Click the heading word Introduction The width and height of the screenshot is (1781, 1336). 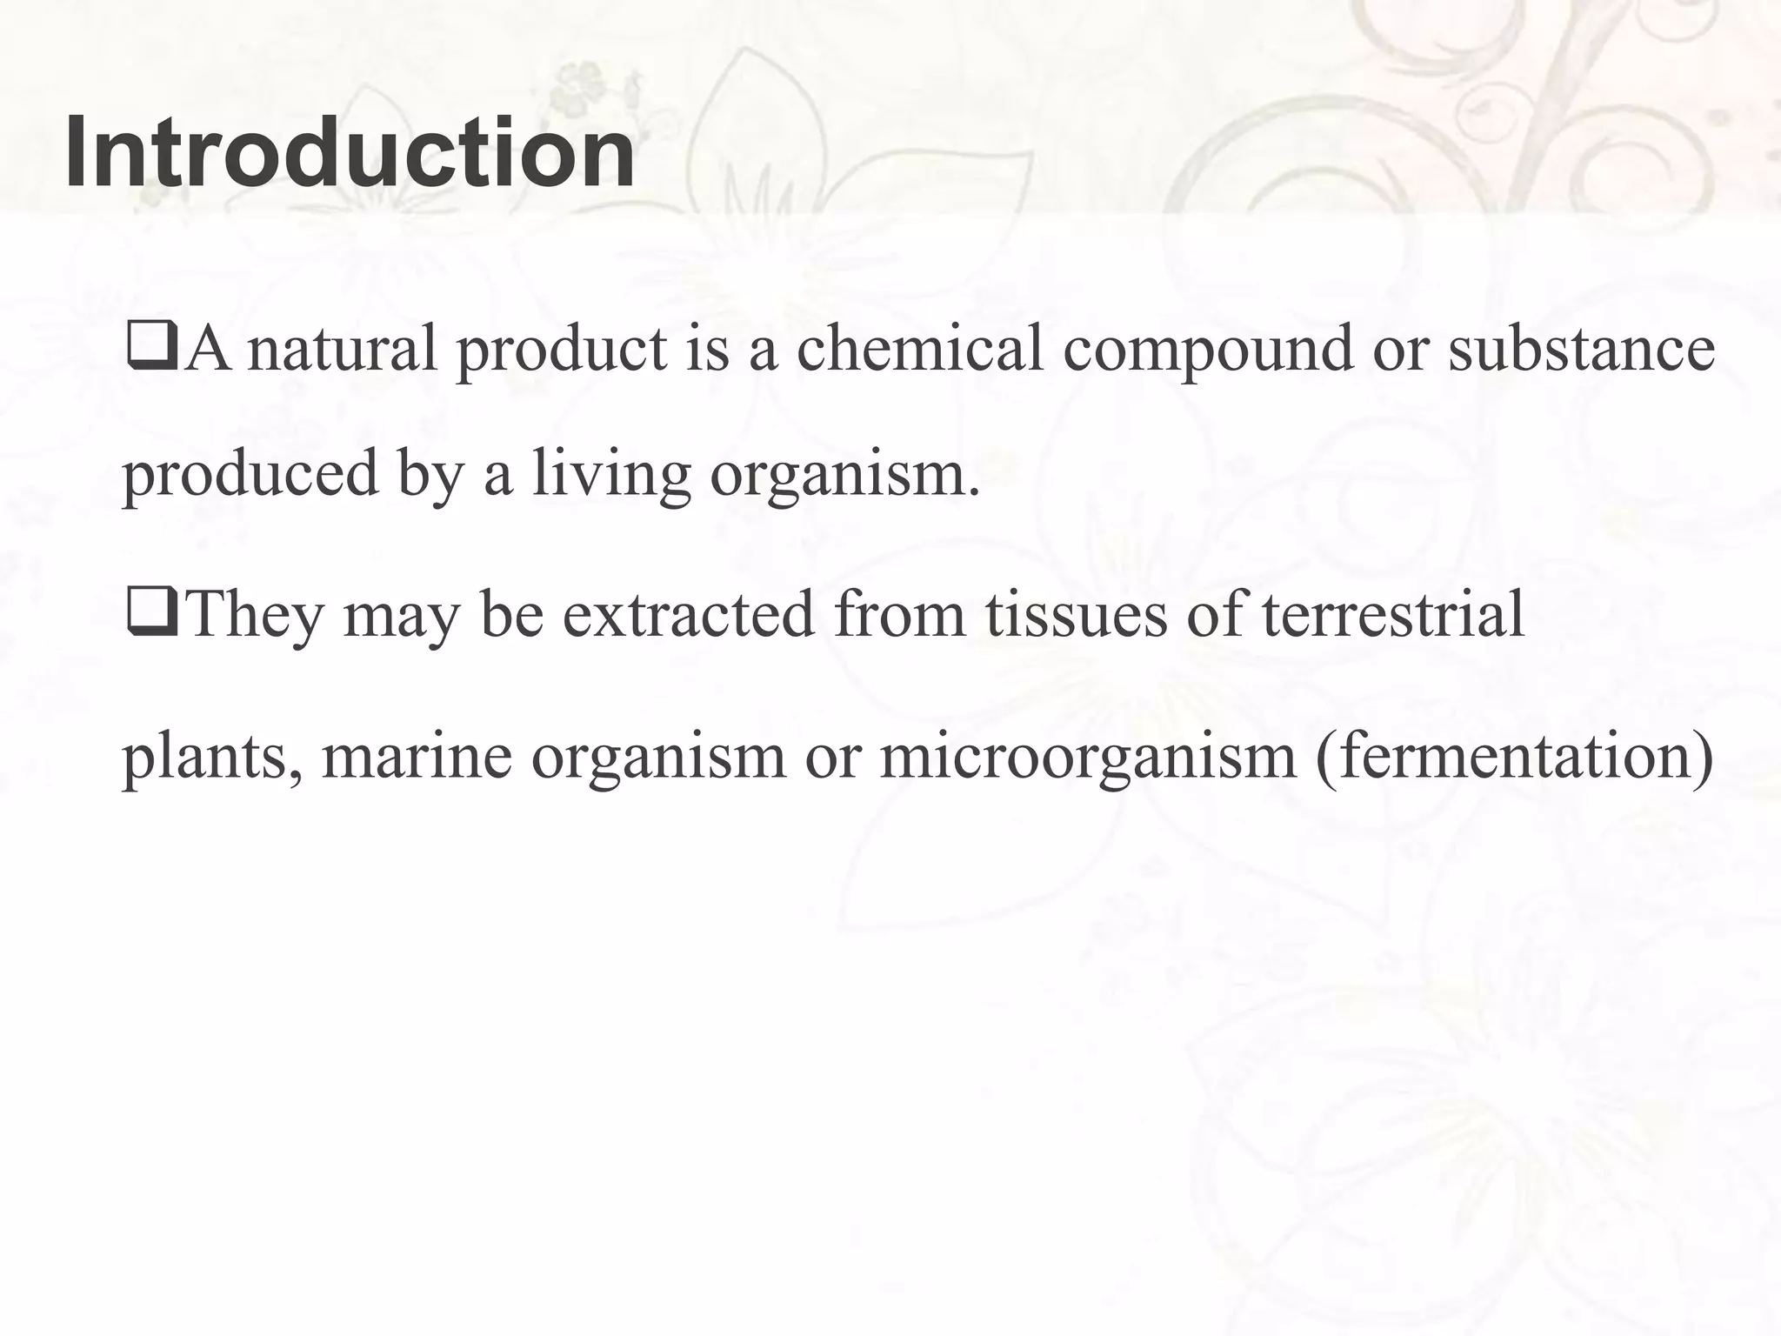pos(350,153)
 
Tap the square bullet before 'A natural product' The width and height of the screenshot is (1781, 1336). pos(152,346)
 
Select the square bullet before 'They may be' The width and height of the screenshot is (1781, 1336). pos(152,612)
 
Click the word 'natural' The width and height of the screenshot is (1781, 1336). pos(342,348)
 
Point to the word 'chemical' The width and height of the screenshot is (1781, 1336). pos(919,348)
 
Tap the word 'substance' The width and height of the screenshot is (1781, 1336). pos(1580,348)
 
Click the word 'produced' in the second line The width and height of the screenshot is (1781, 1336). pos(250,476)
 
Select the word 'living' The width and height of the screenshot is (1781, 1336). pos(611,476)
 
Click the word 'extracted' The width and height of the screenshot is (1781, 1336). pos(688,614)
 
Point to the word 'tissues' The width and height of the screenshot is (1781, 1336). pos(1076,614)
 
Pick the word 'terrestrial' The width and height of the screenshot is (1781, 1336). pos(1392,614)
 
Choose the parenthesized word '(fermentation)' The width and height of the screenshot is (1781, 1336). pos(1514,756)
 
